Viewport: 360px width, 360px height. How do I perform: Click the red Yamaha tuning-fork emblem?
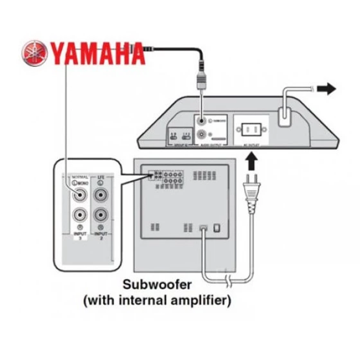point(35,53)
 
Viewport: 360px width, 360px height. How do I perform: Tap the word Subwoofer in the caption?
point(157,284)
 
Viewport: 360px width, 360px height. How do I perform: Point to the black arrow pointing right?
point(327,89)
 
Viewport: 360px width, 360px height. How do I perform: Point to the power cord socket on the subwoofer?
point(203,228)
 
